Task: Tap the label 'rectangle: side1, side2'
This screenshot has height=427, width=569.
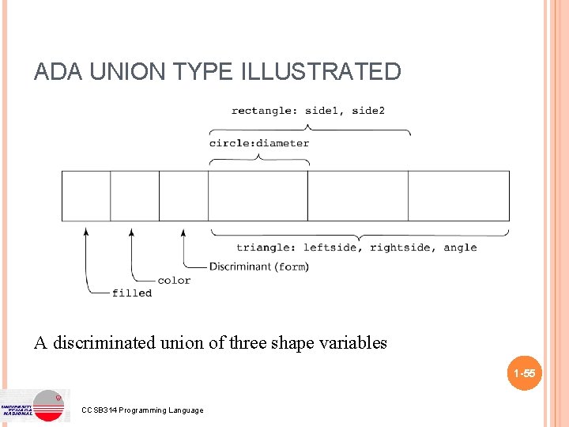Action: point(308,111)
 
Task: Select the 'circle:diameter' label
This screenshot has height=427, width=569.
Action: point(259,143)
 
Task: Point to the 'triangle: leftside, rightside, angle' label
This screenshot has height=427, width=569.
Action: point(356,248)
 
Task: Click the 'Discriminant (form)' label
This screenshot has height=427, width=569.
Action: point(258,266)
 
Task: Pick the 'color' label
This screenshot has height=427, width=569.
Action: point(174,280)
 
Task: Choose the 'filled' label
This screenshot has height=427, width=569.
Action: point(132,293)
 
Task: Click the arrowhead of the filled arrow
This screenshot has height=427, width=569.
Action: point(85,230)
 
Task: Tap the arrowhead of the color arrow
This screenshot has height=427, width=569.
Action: point(132,231)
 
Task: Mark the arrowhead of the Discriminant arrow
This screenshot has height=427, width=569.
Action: point(183,231)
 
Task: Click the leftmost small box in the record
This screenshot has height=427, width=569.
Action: point(86,196)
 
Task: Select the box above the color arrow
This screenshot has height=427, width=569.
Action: point(134,196)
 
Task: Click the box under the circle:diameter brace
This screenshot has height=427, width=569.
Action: point(258,196)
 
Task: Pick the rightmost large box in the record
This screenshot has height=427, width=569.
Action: point(458,196)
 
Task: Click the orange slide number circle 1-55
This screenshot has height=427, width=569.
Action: point(524,373)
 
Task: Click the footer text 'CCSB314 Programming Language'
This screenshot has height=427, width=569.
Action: point(142,410)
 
